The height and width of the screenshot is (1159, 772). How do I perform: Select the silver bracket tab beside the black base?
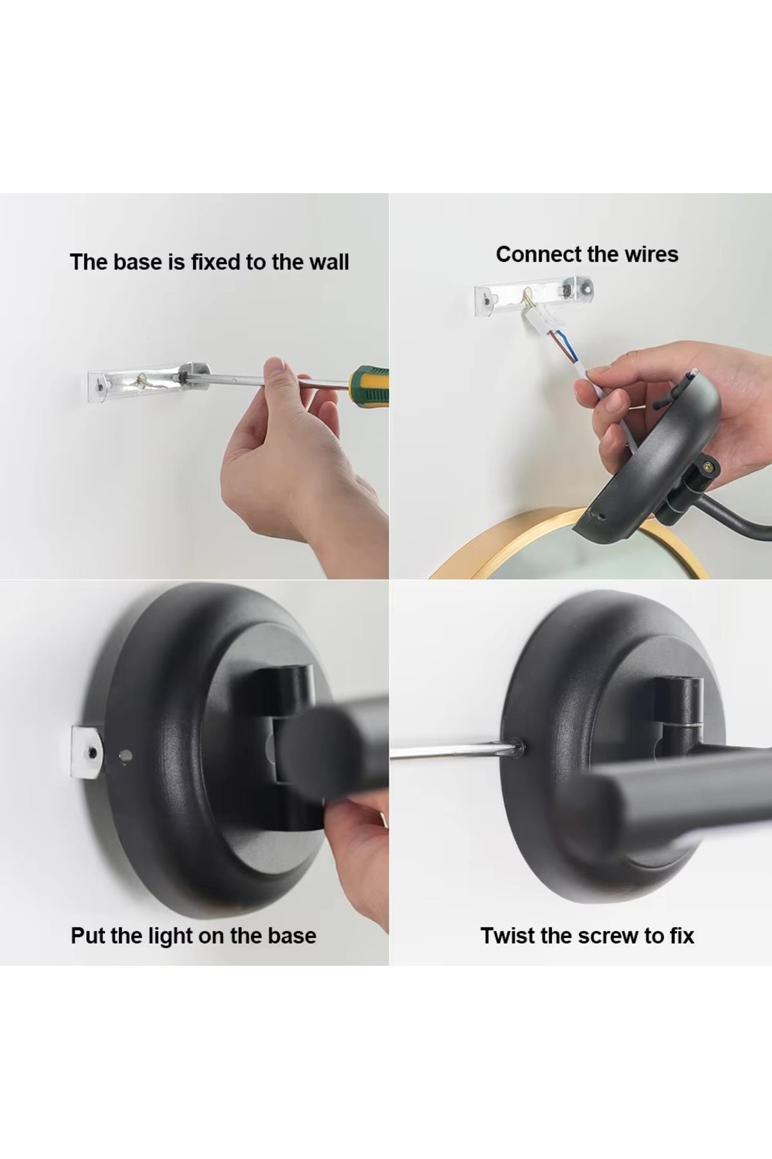point(87,751)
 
